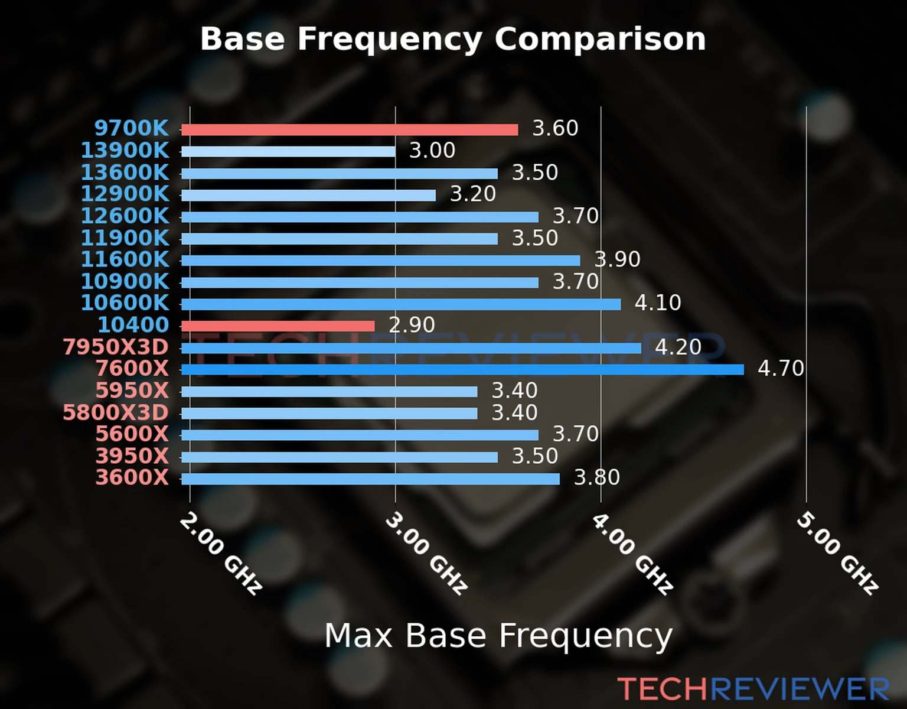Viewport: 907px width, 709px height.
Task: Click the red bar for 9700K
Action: point(350,130)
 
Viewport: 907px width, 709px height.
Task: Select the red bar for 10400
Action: point(278,326)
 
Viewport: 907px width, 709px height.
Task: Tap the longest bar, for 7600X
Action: point(462,370)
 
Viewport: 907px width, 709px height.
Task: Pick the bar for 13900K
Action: point(288,152)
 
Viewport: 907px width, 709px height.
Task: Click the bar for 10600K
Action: point(401,304)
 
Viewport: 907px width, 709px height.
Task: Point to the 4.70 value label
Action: point(781,369)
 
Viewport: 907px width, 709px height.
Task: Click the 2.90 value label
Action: point(412,325)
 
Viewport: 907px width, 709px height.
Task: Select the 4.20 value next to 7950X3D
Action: point(678,347)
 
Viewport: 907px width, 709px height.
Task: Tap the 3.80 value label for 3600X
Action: point(597,477)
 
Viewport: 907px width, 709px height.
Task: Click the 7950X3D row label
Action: point(116,347)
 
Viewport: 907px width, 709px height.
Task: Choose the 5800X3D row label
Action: point(116,412)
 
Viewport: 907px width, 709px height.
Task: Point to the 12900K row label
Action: point(125,194)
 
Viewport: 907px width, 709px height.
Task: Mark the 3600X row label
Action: point(132,477)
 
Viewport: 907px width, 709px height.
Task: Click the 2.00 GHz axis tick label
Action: point(221,553)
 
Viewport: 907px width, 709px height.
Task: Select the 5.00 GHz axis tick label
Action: point(837,553)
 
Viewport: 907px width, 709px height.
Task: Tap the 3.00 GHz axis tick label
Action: point(426,553)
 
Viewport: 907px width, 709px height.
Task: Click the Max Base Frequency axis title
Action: point(498,636)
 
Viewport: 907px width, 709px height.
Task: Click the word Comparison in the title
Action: point(600,39)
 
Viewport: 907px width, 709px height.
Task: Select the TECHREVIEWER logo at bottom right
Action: point(753,689)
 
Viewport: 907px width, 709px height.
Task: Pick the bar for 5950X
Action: point(329,392)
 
